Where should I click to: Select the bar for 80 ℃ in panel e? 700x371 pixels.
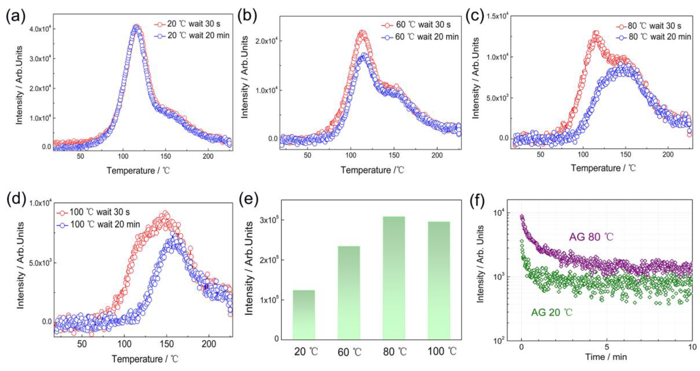pyautogui.click(x=394, y=277)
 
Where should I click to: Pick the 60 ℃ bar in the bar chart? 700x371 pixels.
pyautogui.click(x=349, y=292)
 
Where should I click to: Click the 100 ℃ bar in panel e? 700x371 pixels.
pyautogui.click(x=439, y=280)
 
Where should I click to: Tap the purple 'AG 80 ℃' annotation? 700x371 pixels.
pyautogui.click(x=591, y=237)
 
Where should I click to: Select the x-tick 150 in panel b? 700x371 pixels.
pyautogui.click(x=394, y=155)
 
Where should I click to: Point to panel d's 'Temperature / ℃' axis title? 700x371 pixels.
pyautogui.click(x=145, y=359)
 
